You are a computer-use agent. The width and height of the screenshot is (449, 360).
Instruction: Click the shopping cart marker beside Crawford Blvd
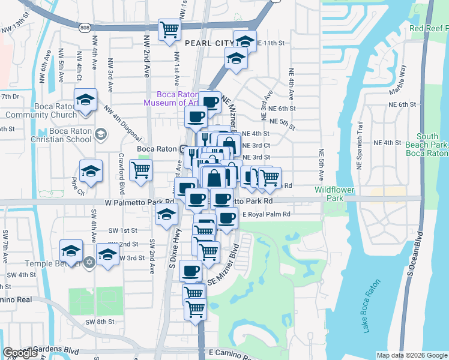pos(140,169)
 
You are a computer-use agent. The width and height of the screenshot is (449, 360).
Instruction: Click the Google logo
pos(20,353)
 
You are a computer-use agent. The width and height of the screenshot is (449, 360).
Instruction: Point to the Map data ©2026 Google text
pos(412,355)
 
